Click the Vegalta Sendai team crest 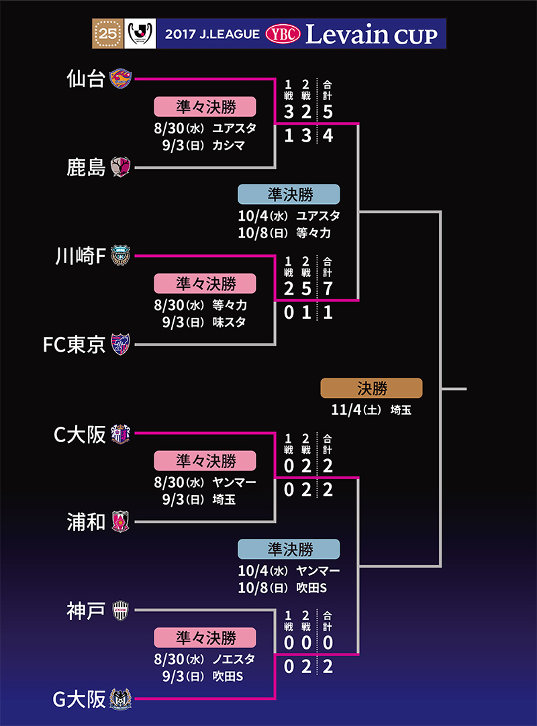[121, 79]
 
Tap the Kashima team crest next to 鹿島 [121, 166]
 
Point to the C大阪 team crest [121, 433]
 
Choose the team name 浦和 [86, 521]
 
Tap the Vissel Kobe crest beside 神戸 [121, 610]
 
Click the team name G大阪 [79, 699]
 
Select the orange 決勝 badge [371, 388]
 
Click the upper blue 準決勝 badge [289, 194]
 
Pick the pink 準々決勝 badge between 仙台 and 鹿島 [205, 107]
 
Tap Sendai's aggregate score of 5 [328, 112]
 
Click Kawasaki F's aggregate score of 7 [328, 288]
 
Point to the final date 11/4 [346, 410]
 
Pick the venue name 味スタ [229, 322]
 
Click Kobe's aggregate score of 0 [328, 642]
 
